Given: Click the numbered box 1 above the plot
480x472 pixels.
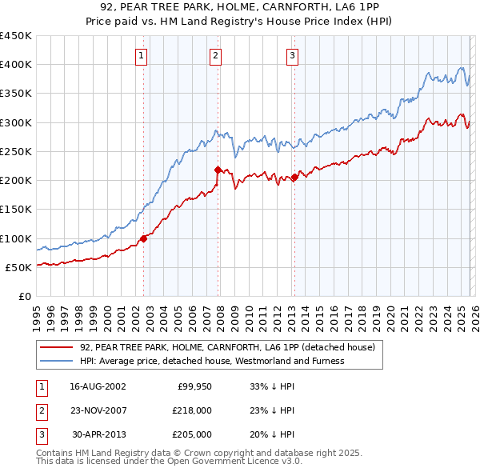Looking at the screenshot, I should pos(142,55).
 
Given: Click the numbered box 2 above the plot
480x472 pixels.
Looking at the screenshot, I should pos(216,55).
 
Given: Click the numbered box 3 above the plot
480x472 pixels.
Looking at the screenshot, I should pos(293,55).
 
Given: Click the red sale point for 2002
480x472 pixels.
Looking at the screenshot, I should pos(144,238).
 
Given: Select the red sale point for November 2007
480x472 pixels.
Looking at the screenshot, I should pos(218,170).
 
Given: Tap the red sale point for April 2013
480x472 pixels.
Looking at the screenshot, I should pos(294,177).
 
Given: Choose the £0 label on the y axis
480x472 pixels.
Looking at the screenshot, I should pos(24,296).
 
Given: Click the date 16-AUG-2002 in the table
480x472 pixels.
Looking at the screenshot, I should pos(98,386).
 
